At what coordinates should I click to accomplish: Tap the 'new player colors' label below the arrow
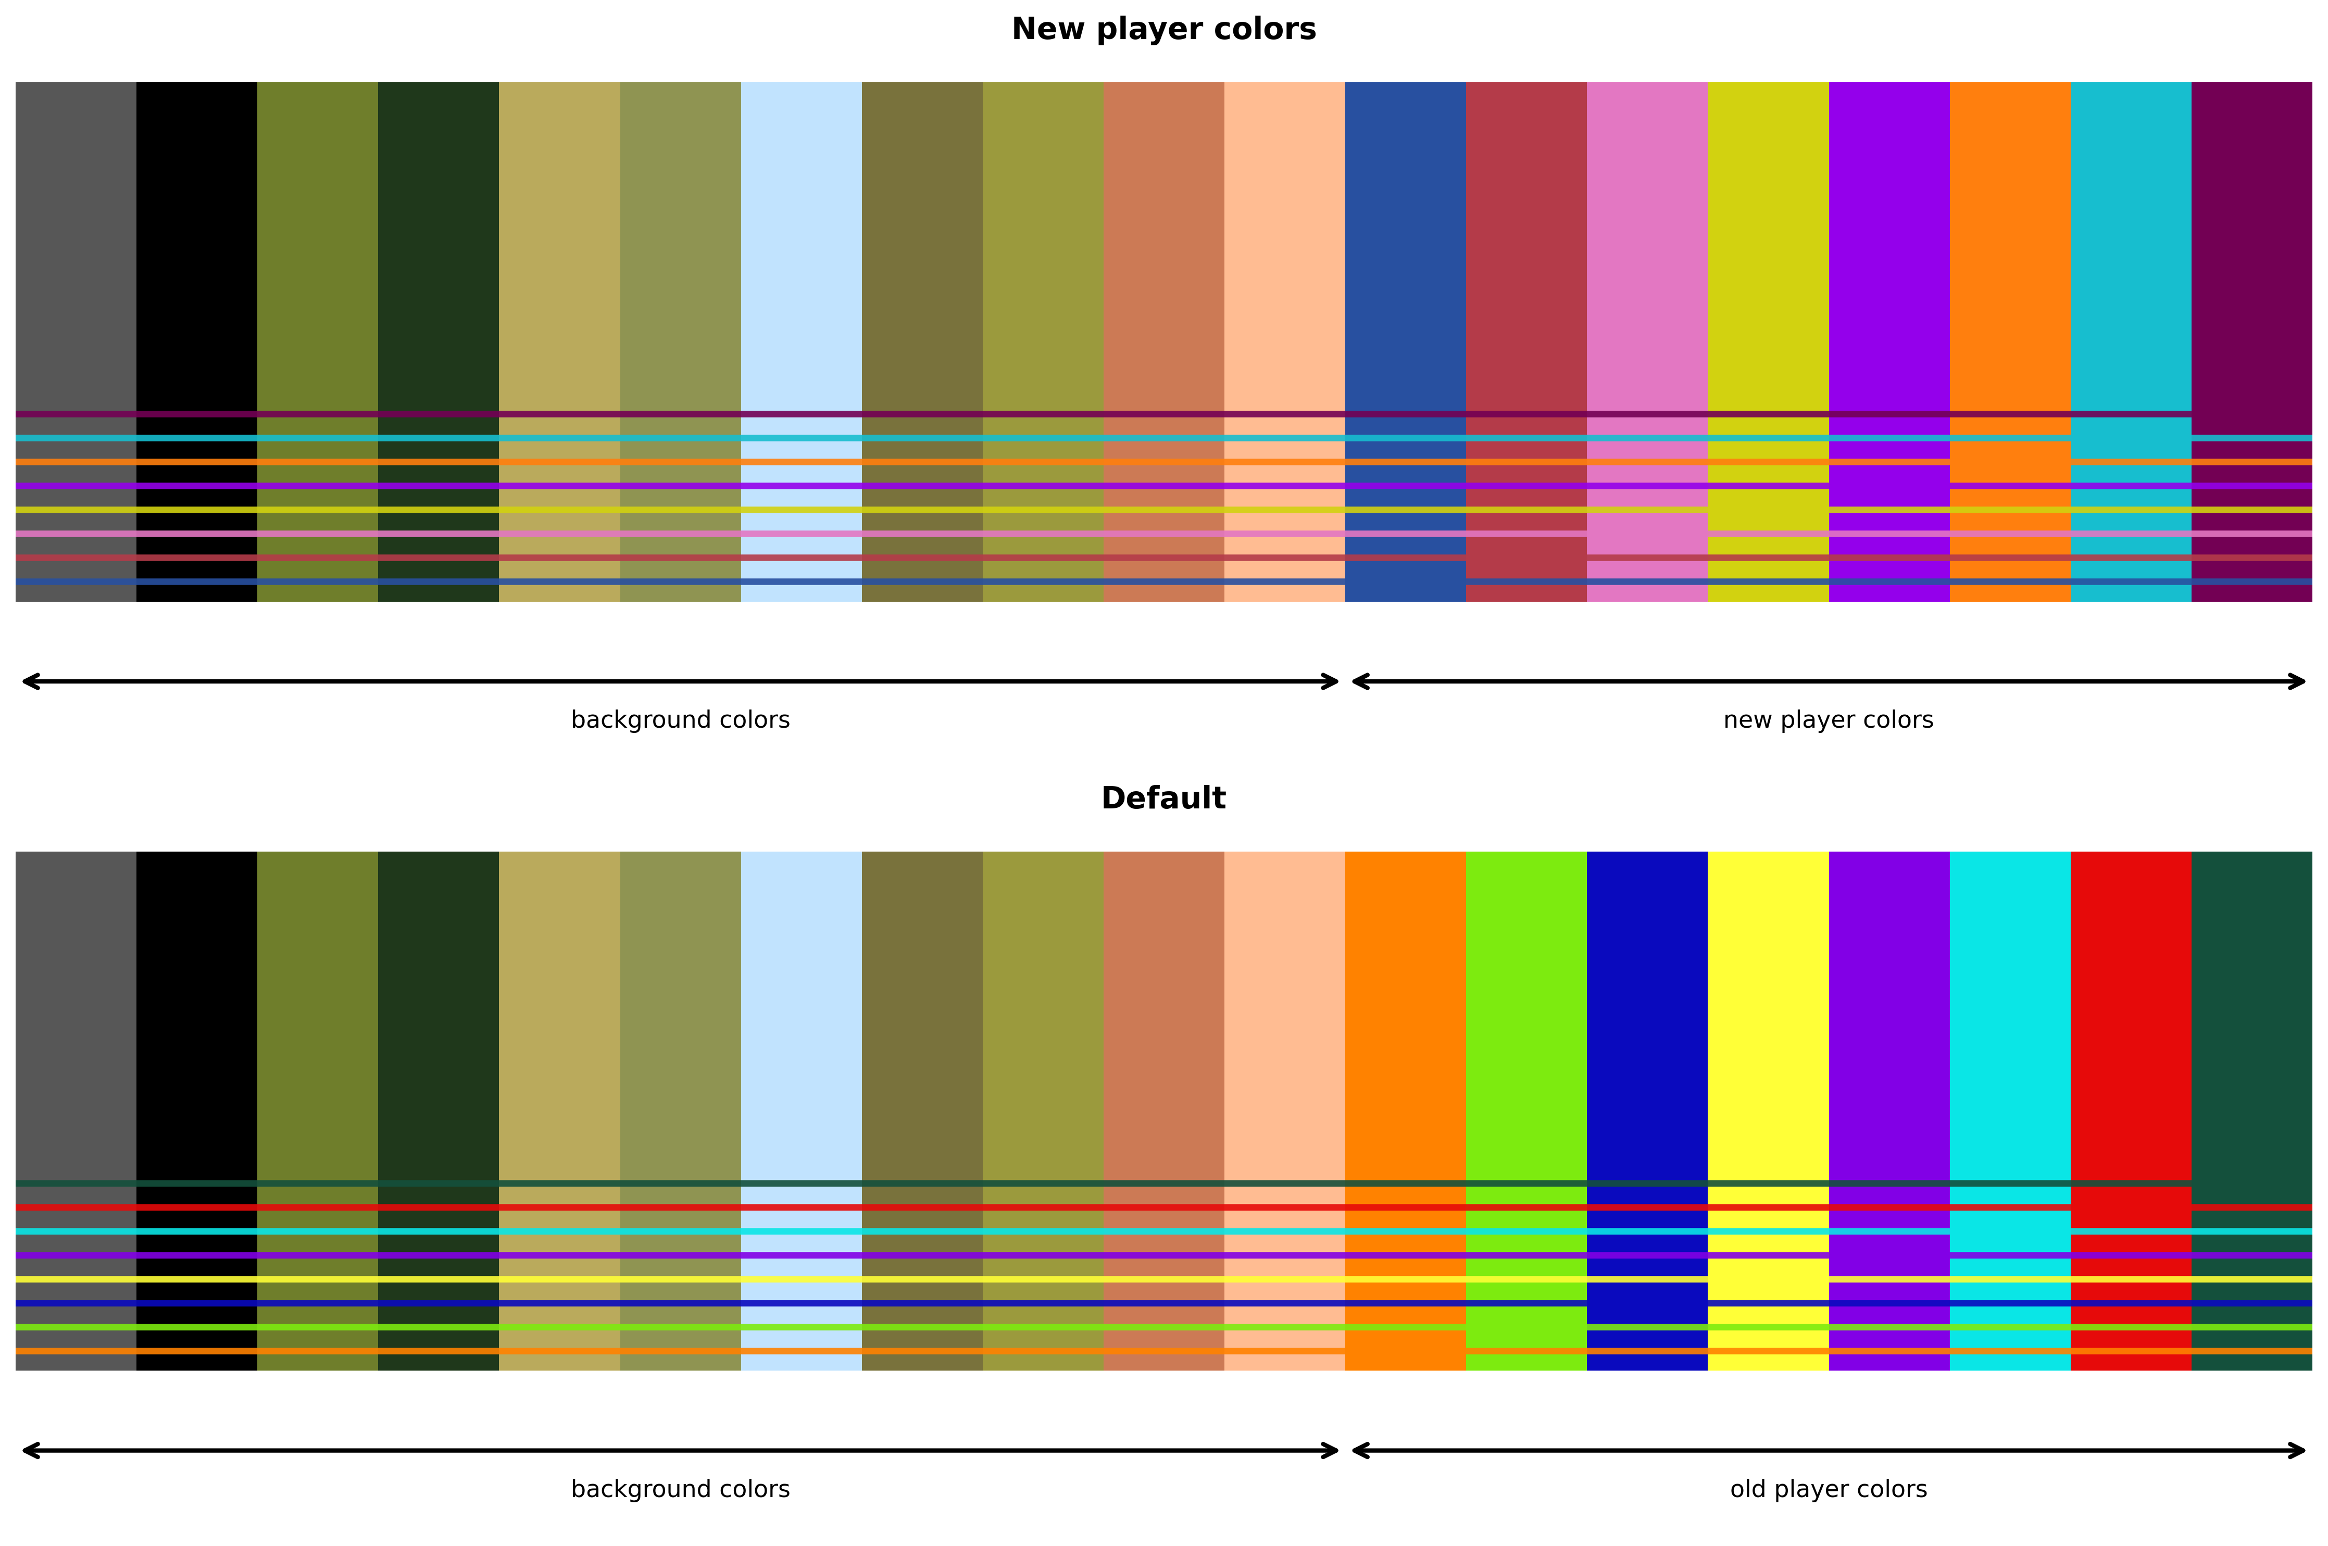point(1828,720)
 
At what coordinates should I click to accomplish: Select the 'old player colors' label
point(1828,1489)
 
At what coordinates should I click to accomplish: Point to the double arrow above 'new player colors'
point(1828,681)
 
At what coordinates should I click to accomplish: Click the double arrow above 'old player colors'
point(1828,1450)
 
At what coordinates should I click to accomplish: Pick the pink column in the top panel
point(1646,247)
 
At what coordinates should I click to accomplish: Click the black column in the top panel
point(196,247)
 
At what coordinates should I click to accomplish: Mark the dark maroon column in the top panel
point(2251,247)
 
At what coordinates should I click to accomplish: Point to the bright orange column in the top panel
point(2009,247)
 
